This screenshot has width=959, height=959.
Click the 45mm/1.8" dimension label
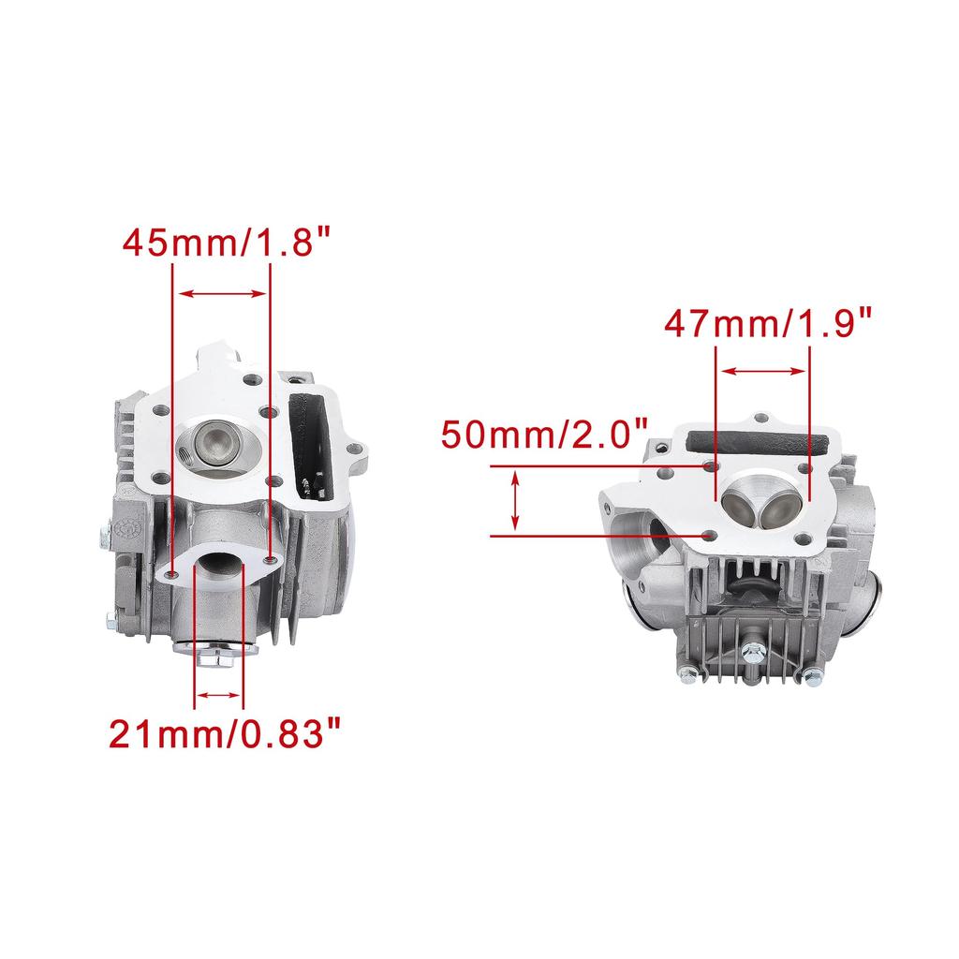227,243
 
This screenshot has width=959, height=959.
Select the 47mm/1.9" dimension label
768,323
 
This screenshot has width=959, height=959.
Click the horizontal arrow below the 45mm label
222,293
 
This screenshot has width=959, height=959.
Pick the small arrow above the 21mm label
218,695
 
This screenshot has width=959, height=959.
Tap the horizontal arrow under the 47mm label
762,371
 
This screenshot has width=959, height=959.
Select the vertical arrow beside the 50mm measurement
516,500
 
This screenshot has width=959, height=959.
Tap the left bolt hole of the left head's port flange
173,572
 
